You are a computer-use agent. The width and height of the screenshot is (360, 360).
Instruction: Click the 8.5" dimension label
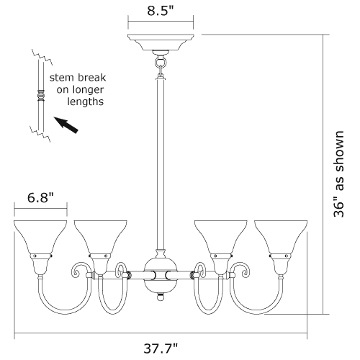click(161, 11)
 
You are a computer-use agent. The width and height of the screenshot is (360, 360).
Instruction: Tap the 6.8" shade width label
click(40, 198)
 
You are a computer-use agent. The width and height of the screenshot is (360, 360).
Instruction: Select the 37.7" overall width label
click(161, 348)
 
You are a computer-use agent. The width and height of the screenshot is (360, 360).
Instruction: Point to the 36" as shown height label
click(339, 174)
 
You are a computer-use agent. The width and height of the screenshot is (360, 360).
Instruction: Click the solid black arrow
click(66, 125)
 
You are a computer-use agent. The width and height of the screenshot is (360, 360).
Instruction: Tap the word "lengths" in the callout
click(86, 102)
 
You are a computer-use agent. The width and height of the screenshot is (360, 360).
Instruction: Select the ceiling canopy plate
click(161, 42)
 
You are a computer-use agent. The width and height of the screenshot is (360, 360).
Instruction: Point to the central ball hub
click(161, 275)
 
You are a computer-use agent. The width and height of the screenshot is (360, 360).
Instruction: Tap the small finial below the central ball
click(161, 297)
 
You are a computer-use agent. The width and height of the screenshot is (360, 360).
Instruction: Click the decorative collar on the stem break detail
click(41, 95)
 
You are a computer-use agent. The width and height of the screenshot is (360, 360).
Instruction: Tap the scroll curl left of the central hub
click(121, 270)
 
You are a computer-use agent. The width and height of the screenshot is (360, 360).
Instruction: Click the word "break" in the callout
click(91, 78)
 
